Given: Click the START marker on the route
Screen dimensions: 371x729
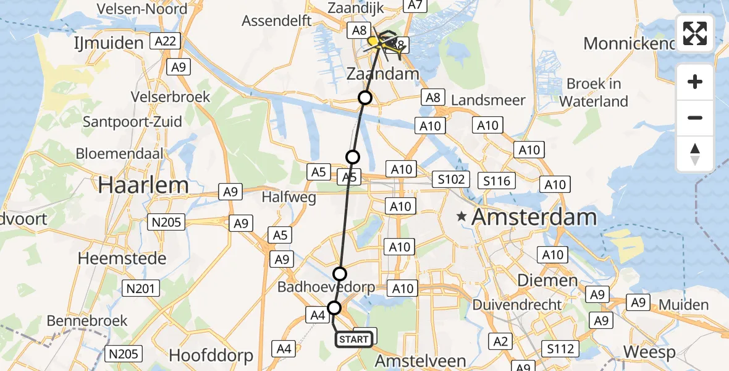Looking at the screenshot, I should [x=354, y=339].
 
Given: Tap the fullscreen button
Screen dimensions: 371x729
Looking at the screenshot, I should [x=695, y=33].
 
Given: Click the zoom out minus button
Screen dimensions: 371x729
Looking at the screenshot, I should [x=695, y=117].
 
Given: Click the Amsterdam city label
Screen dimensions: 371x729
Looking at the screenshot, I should [x=534, y=217].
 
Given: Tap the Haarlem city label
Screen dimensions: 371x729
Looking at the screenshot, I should [x=142, y=185].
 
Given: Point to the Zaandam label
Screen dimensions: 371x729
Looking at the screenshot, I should [x=384, y=75].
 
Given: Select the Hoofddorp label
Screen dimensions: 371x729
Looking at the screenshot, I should [x=211, y=356].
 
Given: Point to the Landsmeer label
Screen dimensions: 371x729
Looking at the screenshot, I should [x=489, y=100].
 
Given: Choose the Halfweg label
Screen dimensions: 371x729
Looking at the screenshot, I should [x=289, y=198].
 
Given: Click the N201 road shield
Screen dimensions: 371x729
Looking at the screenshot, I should [x=143, y=288].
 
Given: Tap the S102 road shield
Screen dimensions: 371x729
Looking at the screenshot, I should [x=451, y=180].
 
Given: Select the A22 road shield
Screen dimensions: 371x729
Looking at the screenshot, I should [x=168, y=41].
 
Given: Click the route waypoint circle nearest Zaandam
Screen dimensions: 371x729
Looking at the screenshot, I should [x=366, y=98].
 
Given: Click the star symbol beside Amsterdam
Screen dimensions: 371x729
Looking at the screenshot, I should [x=461, y=217].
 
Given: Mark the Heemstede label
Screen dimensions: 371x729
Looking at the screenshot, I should [x=122, y=258].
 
